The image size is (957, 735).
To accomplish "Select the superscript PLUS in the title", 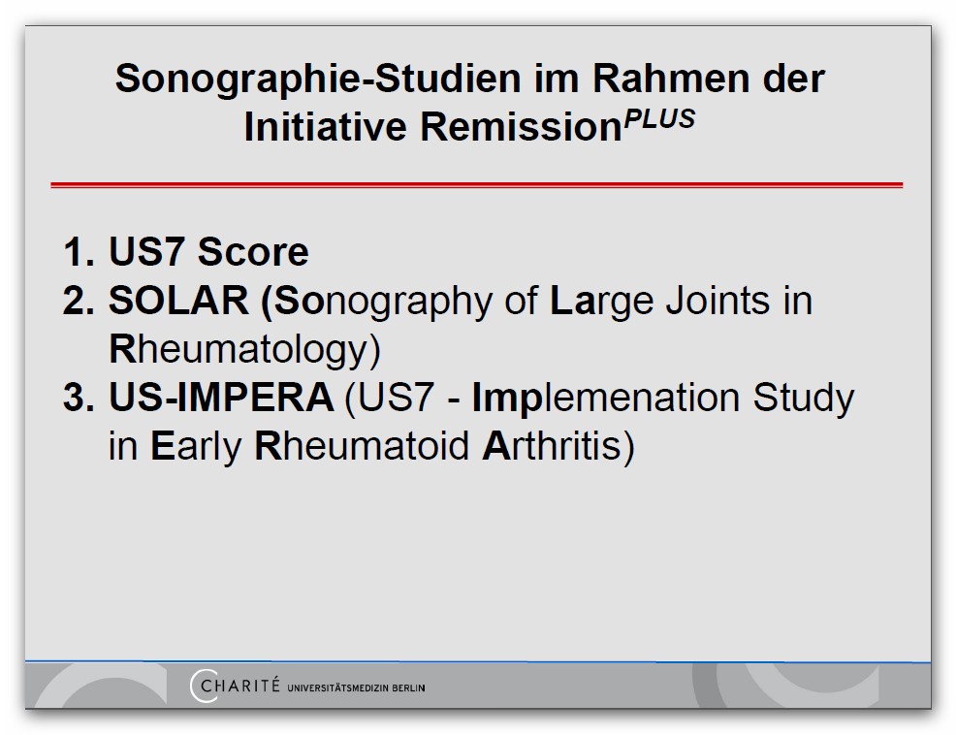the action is point(659,118).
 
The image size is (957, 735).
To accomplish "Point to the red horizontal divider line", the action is point(477,185).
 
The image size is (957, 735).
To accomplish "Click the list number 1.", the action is point(79,251).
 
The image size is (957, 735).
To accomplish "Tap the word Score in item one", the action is point(253,251).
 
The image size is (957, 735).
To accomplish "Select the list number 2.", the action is point(79,301).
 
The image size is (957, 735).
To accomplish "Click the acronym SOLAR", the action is point(178,301).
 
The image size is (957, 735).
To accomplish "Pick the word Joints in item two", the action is point(718,301).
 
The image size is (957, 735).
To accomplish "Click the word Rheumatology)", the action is point(244,350).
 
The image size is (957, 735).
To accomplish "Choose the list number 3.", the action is point(79,398).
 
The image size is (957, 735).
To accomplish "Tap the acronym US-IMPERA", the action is point(221,398).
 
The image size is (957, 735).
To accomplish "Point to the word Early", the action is point(196,447).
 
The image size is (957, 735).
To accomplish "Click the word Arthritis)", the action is point(558,447).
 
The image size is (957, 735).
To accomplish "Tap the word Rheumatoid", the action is point(362,446).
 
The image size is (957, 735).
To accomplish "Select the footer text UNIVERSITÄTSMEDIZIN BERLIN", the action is point(356,688).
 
